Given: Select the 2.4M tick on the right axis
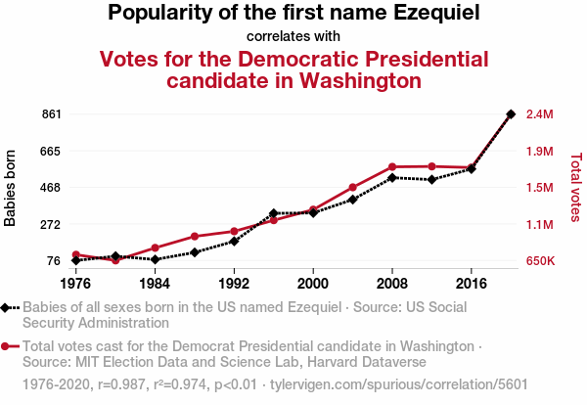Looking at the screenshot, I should tap(540, 114).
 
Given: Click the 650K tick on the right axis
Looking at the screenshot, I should tap(541, 261).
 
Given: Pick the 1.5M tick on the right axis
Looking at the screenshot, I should tap(540, 188).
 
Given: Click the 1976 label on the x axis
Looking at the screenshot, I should tap(75, 283).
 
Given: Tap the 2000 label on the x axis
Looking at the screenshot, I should tap(313, 283).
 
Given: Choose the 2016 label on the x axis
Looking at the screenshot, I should tap(472, 283).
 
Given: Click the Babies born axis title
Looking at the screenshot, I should tap(11, 188).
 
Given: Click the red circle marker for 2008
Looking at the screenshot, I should tap(392, 167).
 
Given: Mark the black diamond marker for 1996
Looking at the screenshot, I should tap(274, 213).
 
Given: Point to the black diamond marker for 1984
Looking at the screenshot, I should tap(155, 259).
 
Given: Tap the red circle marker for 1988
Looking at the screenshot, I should tap(195, 237).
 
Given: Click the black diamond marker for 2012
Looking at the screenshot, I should tap(431, 179).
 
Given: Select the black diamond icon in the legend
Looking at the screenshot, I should tap(7, 307).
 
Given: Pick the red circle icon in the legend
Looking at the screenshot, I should tap(7, 346).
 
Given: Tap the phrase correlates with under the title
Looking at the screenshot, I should tap(293, 37).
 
